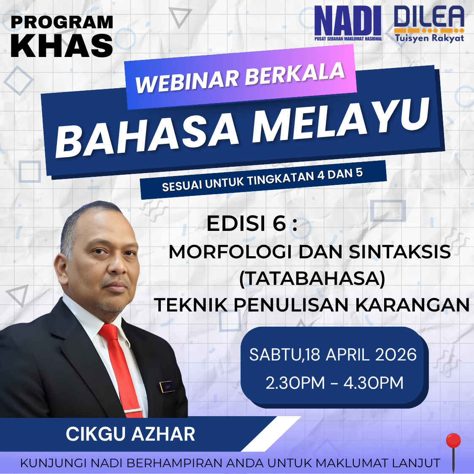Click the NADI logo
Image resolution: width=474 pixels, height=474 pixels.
(x=348, y=23)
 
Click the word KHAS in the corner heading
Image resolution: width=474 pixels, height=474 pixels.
(x=62, y=46)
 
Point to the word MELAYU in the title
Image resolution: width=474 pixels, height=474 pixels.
(x=341, y=121)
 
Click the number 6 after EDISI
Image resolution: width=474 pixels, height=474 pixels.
(x=279, y=224)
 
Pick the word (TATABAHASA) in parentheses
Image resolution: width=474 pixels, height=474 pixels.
(x=312, y=279)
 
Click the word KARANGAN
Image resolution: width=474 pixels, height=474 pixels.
(x=412, y=305)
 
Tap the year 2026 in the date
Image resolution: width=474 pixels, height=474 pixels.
(x=396, y=355)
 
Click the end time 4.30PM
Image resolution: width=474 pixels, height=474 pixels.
(x=374, y=383)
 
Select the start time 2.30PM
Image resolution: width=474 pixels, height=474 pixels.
(x=295, y=383)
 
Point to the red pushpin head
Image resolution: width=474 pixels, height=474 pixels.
(x=453, y=441)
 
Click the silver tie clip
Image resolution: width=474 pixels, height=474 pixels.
(x=133, y=411)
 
